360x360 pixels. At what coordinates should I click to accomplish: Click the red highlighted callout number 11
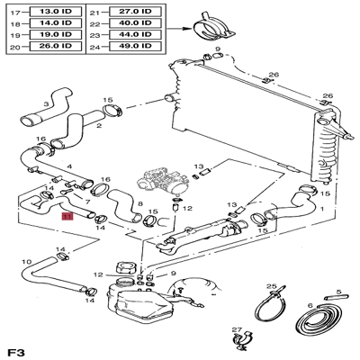point(67,216)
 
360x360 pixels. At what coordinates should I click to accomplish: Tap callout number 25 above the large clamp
point(269,286)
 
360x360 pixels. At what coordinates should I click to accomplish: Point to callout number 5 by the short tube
point(340,292)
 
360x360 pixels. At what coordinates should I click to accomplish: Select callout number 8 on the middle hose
point(139,203)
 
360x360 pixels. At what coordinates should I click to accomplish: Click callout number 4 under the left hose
point(69,166)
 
